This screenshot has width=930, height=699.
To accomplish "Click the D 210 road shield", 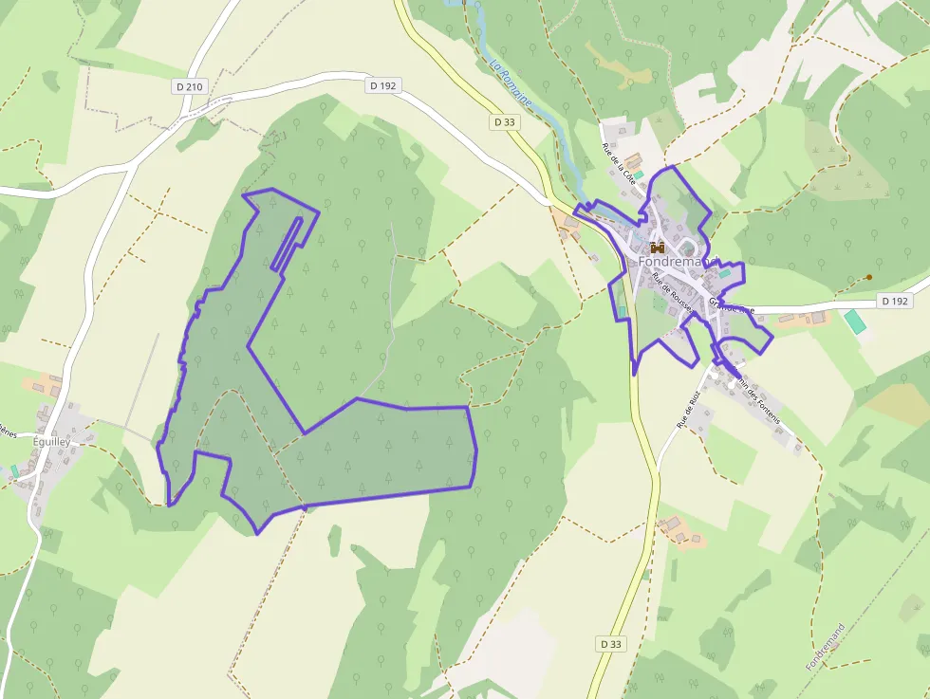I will [x=190, y=86].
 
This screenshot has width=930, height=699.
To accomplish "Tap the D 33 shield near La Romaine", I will [x=505, y=121].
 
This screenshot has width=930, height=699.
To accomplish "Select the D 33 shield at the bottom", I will [x=612, y=644].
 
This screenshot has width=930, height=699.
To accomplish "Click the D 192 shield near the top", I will [x=382, y=85].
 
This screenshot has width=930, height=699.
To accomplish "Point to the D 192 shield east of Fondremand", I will [x=894, y=301].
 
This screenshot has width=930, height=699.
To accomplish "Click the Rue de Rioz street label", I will [x=689, y=410].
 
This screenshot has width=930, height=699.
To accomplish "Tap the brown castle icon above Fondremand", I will [x=656, y=247].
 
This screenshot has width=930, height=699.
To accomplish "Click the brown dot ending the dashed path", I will [x=868, y=277].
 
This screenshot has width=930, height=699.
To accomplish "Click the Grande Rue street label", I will [x=730, y=305].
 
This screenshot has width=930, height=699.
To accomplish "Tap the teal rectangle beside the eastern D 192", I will [x=855, y=321].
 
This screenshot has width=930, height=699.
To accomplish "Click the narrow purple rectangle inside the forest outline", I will [x=287, y=245].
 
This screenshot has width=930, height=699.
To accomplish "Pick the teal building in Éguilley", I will [x=15, y=469].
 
